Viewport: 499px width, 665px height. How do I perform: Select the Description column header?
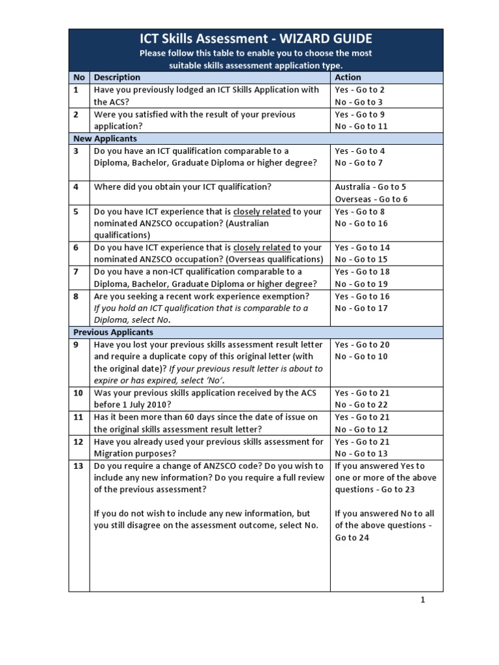tap(117, 77)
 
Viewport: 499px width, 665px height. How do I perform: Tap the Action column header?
tap(348, 77)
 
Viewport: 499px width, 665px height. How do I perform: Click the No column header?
tap(79, 77)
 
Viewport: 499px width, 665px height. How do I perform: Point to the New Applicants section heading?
tap(105, 138)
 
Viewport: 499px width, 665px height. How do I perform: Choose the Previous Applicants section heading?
tap(113, 332)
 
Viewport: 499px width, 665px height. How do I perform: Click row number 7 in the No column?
tap(76, 272)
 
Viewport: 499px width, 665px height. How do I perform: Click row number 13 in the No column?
tap(79, 466)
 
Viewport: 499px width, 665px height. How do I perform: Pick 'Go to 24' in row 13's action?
tap(352, 538)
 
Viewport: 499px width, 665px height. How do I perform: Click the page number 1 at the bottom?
tap(422, 600)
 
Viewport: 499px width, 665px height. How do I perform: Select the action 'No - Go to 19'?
tap(361, 284)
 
